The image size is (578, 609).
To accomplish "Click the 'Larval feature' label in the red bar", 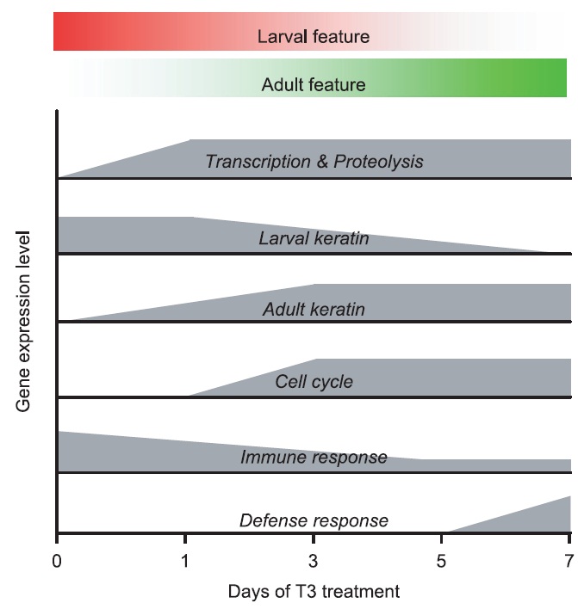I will point(314,37).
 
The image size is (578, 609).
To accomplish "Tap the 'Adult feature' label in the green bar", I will point(314,85).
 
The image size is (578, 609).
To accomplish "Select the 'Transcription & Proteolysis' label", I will point(314,161).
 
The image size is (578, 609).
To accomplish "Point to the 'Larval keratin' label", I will point(314,237).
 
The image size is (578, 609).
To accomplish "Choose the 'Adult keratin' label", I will point(314,309).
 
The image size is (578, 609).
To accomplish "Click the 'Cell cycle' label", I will point(314,381).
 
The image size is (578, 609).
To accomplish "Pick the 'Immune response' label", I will point(314,458).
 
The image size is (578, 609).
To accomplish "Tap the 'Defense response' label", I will point(314,520).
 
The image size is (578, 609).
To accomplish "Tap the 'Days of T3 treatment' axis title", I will point(314,592).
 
